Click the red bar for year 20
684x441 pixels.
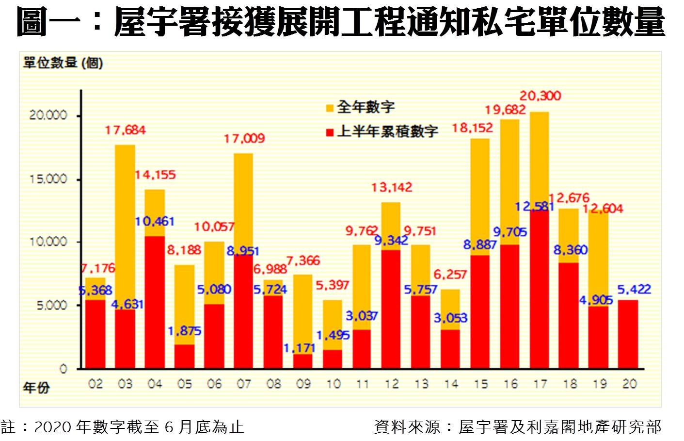[x=628, y=334]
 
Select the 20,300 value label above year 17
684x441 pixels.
[x=540, y=96]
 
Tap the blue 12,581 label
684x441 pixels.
[x=534, y=207]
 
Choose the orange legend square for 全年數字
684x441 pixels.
[x=330, y=108]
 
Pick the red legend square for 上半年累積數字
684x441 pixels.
[x=330, y=132]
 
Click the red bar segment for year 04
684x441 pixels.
[x=155, y=302]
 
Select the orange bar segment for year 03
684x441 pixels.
[x=125, y=227]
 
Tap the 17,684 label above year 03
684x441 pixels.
[x=125, y=130]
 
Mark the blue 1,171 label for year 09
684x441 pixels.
[x=299, y=348]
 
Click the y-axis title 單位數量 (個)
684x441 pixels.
[x=63, y=63]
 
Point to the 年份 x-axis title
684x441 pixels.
[x=36, y=388]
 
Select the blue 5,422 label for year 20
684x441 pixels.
[x=634, y=290]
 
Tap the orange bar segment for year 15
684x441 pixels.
[x=480, y=196]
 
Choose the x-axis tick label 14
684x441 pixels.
[x=451, y=384]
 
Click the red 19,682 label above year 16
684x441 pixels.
[x=505, y=110]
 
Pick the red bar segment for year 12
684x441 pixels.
[x=391, y=309]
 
